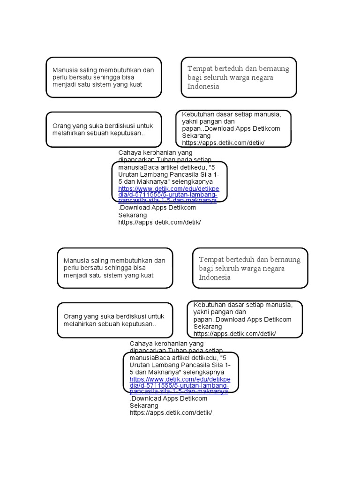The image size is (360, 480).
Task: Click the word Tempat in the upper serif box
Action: tap(199, 69)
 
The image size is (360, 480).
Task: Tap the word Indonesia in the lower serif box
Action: tap(214, 277)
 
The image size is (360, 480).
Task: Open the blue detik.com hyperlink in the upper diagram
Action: tap(167, 194)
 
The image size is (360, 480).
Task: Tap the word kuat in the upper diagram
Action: tap(135, 84)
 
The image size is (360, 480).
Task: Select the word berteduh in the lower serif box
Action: tap(239, 260)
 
